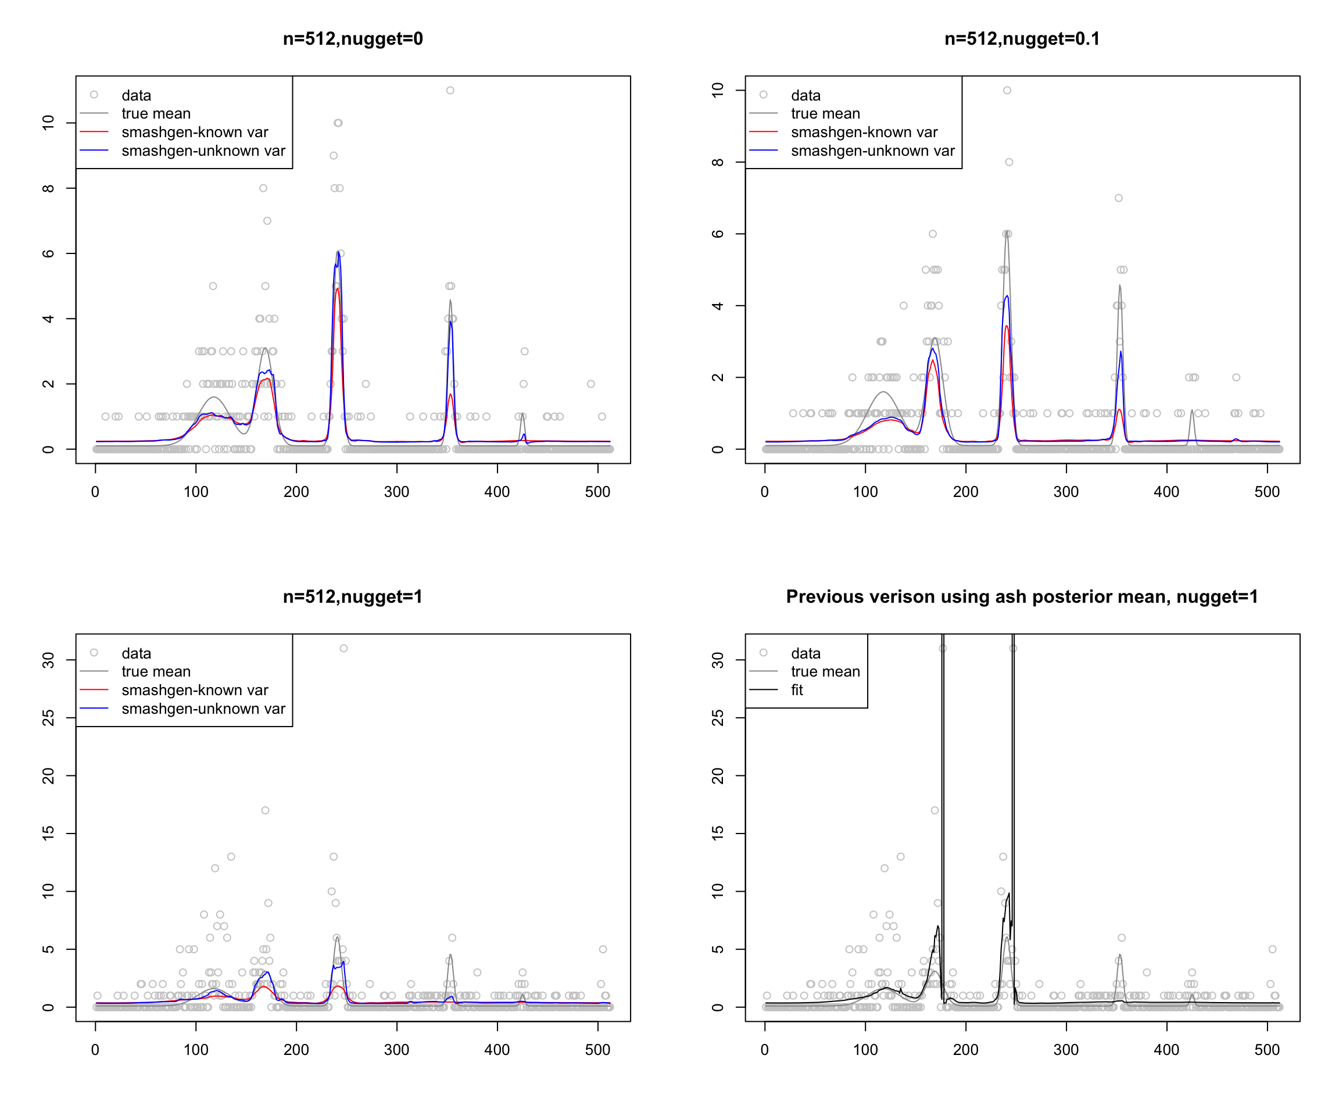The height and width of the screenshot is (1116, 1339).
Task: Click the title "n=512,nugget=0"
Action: pyautogui.click(x=353, y=39)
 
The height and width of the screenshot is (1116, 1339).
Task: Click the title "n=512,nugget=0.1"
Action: pyautogui.click(x=1022, y=39)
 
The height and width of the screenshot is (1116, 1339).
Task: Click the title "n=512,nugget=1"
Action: pyautogui.click(x=353, y=597)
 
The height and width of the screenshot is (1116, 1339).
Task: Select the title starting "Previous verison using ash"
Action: pyautogui.click(x=1022, y=597)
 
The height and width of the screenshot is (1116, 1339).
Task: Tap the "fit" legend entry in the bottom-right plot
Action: pyautogui.click(x=796, y=690)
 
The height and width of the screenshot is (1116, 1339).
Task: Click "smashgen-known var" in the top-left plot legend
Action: pyautogui.click(x=195, y=132)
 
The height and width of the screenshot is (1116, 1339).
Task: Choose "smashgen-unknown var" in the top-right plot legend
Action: pyautogui.click(x=872, y=151)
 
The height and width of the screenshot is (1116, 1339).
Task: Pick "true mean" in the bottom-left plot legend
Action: pyautogui.click(x=156, y=671)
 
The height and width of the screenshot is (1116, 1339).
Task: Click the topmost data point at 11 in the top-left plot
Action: pyautogui.click(x=450, y=91)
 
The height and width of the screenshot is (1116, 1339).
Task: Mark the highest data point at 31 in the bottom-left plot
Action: pyautogui.click(x=343, y=649)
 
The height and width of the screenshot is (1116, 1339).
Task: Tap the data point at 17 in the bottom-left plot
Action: pyautogui.click(x=265, y=810)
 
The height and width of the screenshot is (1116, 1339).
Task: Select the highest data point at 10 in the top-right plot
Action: pyautogui.click(x=1007, y=91)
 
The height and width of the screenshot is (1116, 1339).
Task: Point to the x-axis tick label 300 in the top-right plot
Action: pyautogui.click(x=1066, y=492)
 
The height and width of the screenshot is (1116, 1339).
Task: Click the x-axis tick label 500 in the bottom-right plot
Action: pyautogui.click(x=1267, y=1050)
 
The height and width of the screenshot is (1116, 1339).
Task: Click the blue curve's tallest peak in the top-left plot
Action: pyautogui.click(x=338, y=252)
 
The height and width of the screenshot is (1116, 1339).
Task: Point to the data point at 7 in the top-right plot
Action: pyautogui.click(x=1118, y=198)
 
